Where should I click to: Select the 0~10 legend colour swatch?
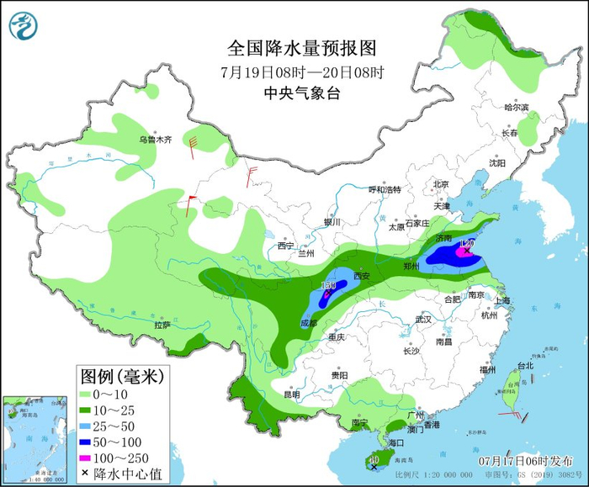click(89, 394)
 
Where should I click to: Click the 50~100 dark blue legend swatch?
click(89, 442)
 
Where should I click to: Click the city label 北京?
click(441, 183)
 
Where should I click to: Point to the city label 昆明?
click(291, 394)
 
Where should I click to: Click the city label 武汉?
click(422, 320)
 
